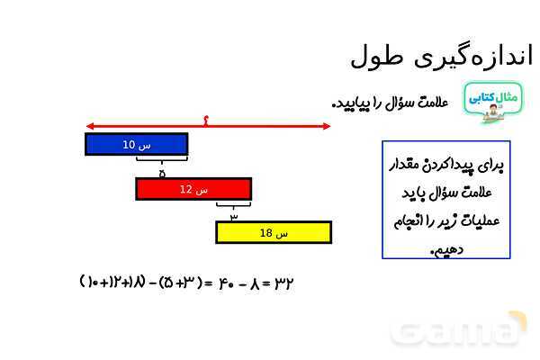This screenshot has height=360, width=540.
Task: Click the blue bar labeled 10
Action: pyautogui.click(x=136, y=144)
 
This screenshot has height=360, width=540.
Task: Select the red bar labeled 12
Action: pyautogui.click(x=193, y=189)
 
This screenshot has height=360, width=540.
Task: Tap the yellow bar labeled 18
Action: pyautogui.click(x=273, y=232)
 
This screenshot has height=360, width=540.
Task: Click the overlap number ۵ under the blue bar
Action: pyautogui.click(x=162, y=172)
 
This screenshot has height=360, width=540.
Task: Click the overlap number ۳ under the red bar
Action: pyautogui.click(x=234, y=216)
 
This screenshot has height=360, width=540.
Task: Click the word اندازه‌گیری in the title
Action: pyautogui.click(x=472, y=56)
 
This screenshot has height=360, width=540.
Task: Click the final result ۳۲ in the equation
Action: pyautogui.click(x=283, y=283)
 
